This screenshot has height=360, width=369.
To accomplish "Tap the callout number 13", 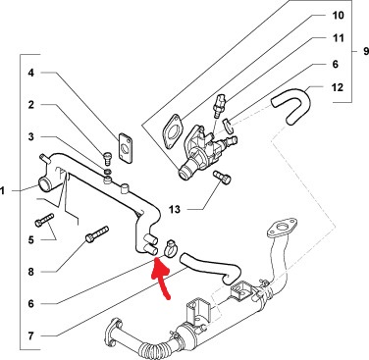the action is point(175,209).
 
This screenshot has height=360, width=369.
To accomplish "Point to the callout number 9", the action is point(365,51).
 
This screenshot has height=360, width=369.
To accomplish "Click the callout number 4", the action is point(30,73).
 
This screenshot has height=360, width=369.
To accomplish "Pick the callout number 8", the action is point(30,272).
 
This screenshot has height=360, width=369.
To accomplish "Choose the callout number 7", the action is point(30,336).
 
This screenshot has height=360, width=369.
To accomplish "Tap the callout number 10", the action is point(339,15).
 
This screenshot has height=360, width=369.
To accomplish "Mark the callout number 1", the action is point(3,190).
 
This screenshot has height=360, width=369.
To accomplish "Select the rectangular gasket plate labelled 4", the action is point(126,148).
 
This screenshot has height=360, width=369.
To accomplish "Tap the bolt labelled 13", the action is point(222,177).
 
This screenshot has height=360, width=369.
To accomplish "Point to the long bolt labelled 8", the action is point(97,234).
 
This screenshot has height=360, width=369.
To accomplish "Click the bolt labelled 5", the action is point(44,220).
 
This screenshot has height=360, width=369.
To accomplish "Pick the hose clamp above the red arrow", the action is point(170,248).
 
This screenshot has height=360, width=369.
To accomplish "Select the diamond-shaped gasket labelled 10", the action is point(173,131).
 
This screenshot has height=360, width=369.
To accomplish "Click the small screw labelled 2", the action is point(107,159).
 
